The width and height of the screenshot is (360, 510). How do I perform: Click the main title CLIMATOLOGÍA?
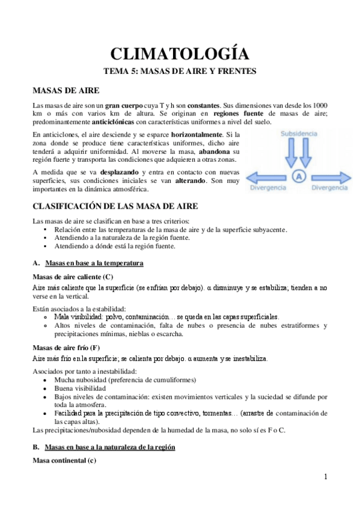pos(180,54)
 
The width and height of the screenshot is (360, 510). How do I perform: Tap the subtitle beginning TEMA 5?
pos(180,72)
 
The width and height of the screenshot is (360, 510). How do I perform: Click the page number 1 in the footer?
pos(325,477)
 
